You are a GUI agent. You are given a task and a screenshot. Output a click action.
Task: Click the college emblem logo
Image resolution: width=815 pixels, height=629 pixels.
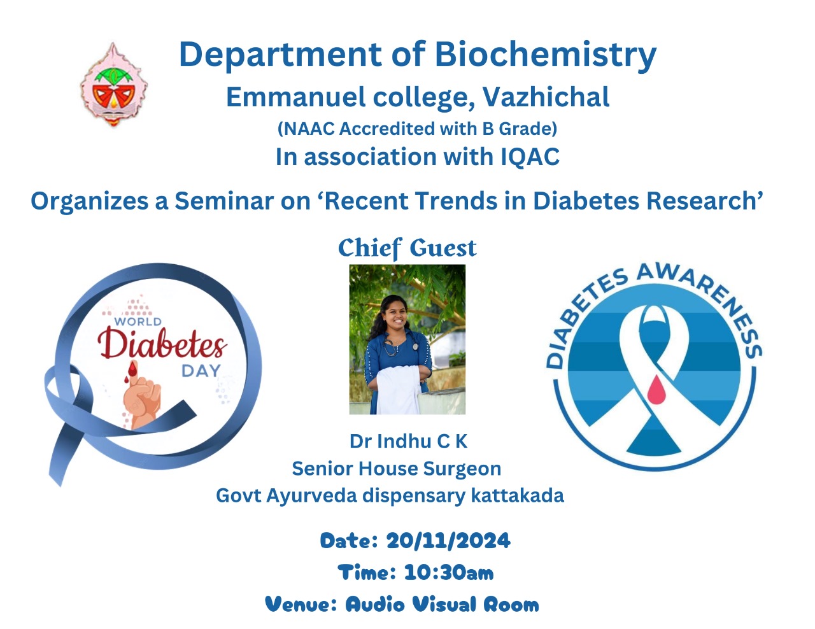pos(113,85)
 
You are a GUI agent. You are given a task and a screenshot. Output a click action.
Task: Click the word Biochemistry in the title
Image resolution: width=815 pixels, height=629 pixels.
pos(545,55)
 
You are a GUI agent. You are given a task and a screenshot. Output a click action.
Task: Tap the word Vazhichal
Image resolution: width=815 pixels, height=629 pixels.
pos(546,97)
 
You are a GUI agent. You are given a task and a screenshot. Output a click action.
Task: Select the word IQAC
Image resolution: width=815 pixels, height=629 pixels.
pos(530,157)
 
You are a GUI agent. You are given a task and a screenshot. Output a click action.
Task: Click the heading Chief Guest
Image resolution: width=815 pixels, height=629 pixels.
pos(407,248)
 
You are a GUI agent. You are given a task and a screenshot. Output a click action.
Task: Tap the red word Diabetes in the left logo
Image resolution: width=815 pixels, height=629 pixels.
pos(162,343)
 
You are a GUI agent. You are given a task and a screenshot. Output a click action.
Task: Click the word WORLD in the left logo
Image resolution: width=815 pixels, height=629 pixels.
pos(138,322)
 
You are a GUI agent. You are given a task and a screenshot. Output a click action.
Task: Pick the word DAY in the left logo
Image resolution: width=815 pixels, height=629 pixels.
pos(201,371)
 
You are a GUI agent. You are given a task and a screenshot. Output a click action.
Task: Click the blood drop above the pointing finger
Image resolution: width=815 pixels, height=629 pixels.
pos(132,369)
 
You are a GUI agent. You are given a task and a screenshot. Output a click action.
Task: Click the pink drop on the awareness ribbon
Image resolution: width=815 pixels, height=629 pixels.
pos(656,388)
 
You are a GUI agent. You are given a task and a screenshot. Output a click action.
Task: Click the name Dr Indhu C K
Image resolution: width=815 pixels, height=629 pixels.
pos(408,441)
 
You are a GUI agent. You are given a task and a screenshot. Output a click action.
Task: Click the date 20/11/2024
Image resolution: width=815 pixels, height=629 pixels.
pos(448,541)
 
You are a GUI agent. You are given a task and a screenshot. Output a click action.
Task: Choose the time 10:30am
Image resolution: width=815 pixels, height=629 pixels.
pos(449,572)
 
